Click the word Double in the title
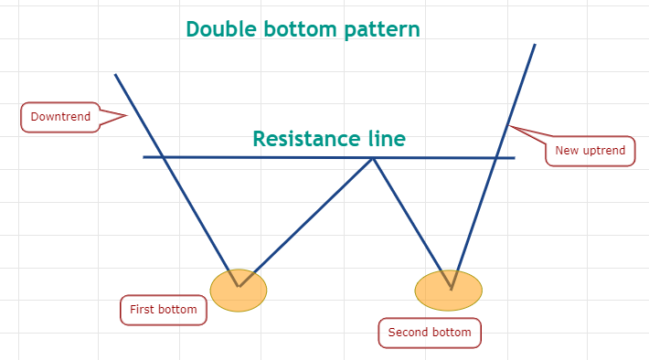click(x=221, y=29)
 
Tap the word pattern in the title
click(x=382, y=30)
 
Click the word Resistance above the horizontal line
click(x=306, y=139)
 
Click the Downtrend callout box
click(x=60, y=117)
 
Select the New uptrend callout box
click(x=590, y=151)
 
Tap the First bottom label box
click(x=164, y=310)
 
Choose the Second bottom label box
click(x=430, y=333)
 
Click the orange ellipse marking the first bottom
click(x=239, y=290)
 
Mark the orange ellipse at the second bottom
click(x=449, y=290)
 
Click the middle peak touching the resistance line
click(x=373, y=158)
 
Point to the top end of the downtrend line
click(x=115, y=75)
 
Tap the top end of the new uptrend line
click(x=535, y=44)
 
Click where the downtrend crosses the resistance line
click(x=163, y=157)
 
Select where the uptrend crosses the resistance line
click(x=496, y=158)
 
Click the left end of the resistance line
click(x=144, y=157)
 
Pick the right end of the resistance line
click(x=515, y=158)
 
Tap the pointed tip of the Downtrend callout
click(x=127, y=116)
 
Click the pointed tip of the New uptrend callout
click(x=508, y=126)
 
